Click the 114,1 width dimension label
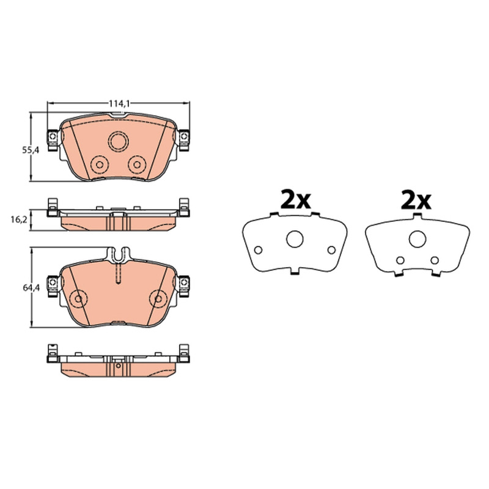pyautogui.click(x=119, y=103)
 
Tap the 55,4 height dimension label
pyautogui.click(x=31, y=150)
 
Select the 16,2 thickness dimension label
pyautogui.click(x=19, y=219)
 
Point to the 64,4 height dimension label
pyautogui.click(x=31, y=288)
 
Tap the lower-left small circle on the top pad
pyautogui.click(x=100, y=164)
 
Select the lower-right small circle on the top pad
pyautogui.click(x=137, y=164)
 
